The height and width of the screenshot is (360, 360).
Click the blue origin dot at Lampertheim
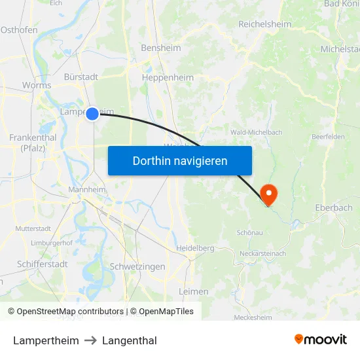click(x=92, y=113)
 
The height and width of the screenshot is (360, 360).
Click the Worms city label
click(x=37, y=85)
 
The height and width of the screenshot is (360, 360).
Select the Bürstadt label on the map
click(x=81, y=77)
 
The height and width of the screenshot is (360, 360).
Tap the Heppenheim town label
click(x=168, y=77)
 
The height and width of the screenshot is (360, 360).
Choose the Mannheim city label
click(x=87, y=190)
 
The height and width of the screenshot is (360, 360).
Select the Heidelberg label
click(x=196, y=248)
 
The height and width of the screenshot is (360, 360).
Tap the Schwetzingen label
click(x=137, y=266)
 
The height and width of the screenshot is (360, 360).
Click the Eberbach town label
click(x=333, y=207)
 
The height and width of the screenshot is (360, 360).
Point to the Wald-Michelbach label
click(x=256, y=132)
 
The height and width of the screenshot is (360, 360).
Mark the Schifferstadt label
click(x=43, y=264)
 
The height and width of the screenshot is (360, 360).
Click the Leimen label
click(x=194, y=291)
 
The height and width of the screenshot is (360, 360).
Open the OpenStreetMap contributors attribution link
click(x=70, y=312)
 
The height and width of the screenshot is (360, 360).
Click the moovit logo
click(x=321, y=340)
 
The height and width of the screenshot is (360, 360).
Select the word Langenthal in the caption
click(x=130, y=340)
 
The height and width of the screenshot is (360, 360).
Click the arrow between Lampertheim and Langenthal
click(x=91, y=340)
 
